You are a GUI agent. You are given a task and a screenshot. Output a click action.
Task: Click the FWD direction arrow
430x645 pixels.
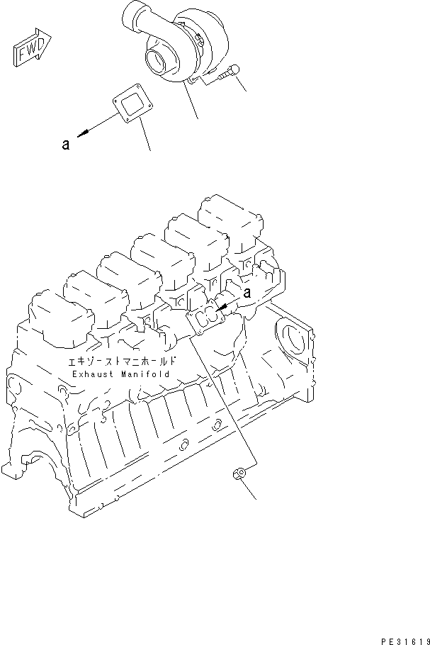[x=30, y=48]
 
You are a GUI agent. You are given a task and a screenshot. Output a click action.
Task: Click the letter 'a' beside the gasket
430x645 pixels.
[x=65, y=145]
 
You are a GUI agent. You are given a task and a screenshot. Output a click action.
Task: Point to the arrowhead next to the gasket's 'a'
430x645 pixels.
[x=83, y=133]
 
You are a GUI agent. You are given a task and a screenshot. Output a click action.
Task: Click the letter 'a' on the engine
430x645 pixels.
[x=247, y=292]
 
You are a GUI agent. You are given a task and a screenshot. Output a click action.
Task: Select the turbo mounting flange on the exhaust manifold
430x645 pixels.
[x=208, y=319]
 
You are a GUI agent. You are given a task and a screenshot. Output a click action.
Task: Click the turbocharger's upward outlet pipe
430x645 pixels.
[x=135, y=13]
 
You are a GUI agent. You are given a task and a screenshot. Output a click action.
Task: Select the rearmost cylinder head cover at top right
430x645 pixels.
[x=226, y=212]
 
